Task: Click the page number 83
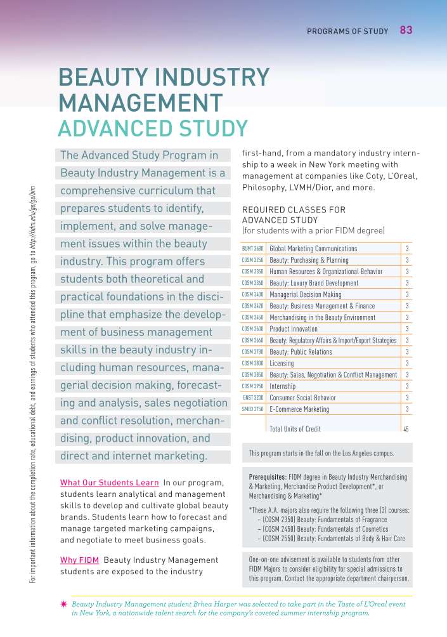[406, 30]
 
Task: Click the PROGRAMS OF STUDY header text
[347, 31]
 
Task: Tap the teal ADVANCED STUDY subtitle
[152, 128]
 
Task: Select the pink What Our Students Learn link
[109, 483]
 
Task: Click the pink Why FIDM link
[79, 560]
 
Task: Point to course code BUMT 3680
[252, 249]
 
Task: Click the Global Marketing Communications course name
[313, 249]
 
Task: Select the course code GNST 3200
[253, 398]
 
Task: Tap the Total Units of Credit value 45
[406, 430]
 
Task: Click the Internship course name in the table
[282, 386]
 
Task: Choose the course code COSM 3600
[252, 329]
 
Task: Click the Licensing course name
[282, 364]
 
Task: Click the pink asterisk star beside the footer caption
[63, 605]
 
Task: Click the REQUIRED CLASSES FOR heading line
[294, 209]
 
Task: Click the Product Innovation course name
[294, 329]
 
